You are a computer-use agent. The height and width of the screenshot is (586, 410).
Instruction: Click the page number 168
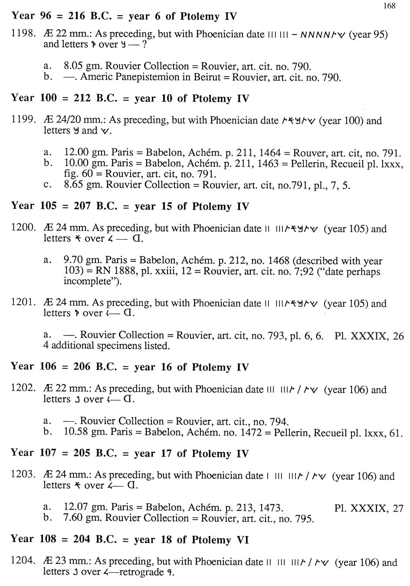(x=389, y=6)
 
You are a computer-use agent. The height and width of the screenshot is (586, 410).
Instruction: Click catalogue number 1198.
(x=23, y=34)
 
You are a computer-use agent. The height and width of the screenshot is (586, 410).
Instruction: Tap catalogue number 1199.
(x=23, y=120)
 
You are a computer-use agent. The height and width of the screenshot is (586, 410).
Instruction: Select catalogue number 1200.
(x=23, y=228)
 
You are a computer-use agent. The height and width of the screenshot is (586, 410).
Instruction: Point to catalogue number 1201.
(x=23, y=303)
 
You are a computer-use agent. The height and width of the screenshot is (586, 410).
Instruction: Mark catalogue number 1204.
(x=23, y=561)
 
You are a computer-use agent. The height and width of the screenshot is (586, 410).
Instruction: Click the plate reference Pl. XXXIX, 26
(x=369, y=336)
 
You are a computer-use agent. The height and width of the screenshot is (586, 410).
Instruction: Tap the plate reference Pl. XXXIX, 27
(x=369, y=508)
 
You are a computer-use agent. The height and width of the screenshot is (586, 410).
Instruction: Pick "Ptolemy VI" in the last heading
(x=221, y=540)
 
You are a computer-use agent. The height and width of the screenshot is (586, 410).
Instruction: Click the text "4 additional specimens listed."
(x=106, y=346)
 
